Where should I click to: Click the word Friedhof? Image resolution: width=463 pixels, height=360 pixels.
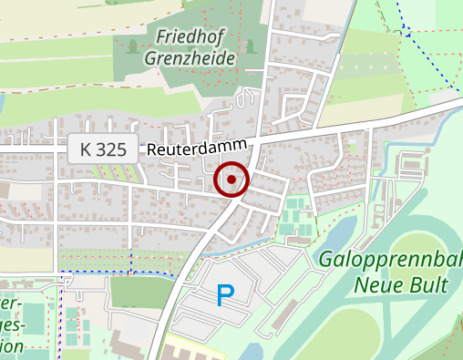(191, 36)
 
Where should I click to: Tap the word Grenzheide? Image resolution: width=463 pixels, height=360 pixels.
(190, 58)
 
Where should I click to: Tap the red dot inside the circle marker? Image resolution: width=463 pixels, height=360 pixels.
(231, 180)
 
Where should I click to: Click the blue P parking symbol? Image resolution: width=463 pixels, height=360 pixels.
(224, 294)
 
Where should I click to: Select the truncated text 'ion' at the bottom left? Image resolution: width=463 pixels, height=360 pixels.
(11, 345)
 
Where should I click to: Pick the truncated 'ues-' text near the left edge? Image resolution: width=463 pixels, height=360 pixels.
(11, 324)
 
